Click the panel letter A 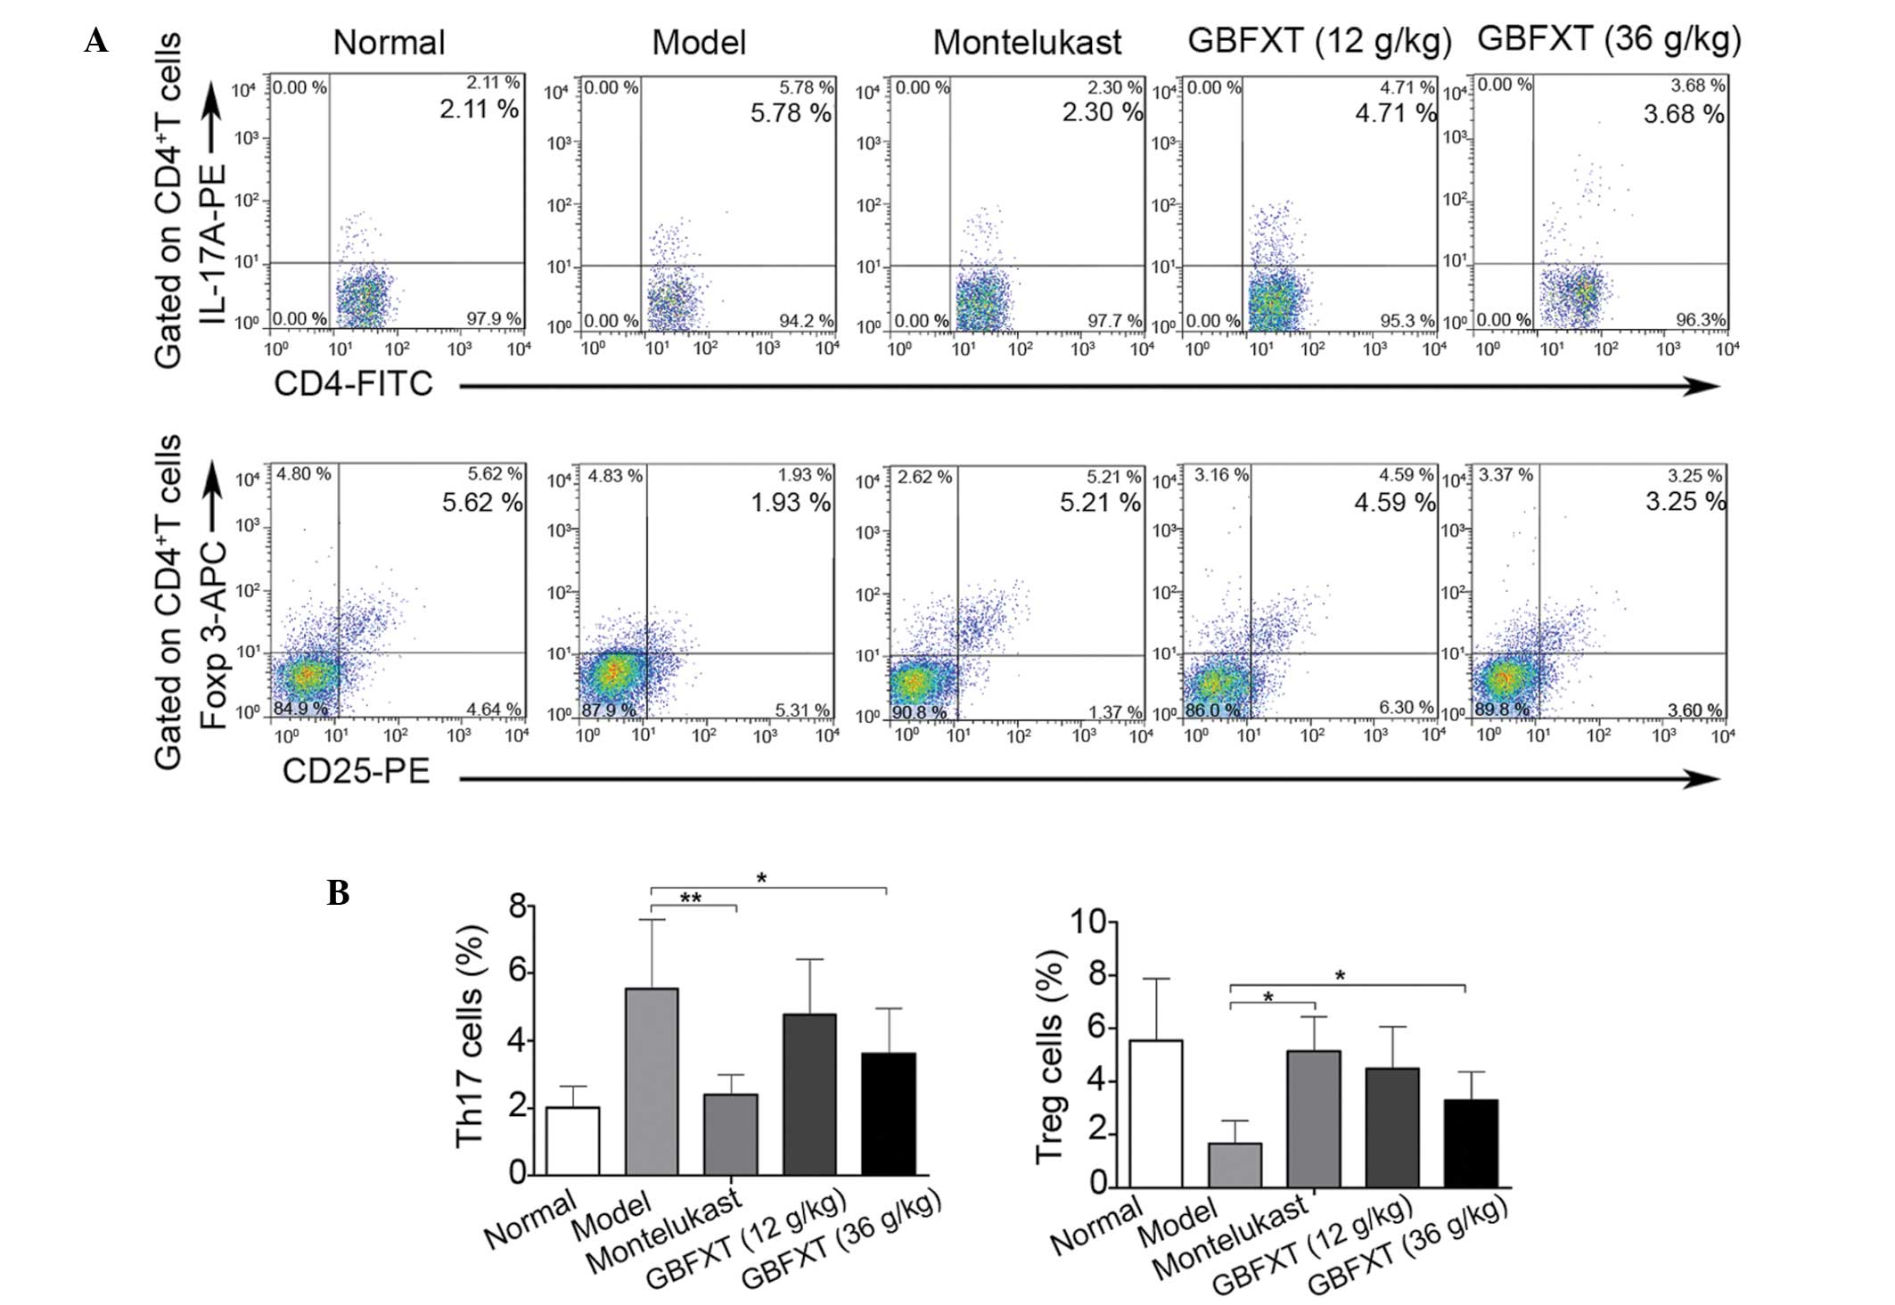coord(96,41)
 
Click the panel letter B coord(338,892)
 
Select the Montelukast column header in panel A coord(1027,43)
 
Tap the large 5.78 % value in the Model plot coord(791,113)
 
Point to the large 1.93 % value coord(791,502)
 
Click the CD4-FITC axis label coord(353,383)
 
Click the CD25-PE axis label coord(356,771)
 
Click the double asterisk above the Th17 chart coord(691,899)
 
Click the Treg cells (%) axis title coord(1051,1056)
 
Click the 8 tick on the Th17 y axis coord(517,907)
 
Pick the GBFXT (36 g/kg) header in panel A coord(1609,39)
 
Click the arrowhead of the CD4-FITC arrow coord(1706,386)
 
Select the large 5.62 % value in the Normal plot coord(482,502)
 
